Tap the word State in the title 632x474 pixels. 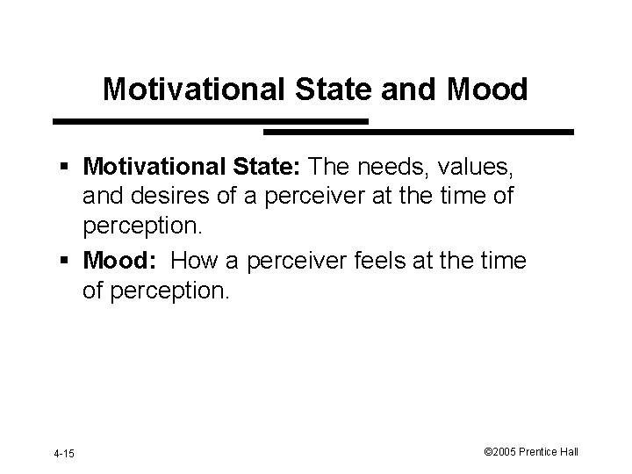pyautogui.click(x=324, y=89)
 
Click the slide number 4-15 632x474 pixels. pyautogui.click(x=63, y=453)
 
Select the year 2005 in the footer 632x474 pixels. pyautogui.click(x=506, y=452)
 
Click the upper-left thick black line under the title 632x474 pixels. pyautogui.click(x=211, y=120)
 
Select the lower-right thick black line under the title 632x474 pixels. pyautogui.click(x=419, y=132)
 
